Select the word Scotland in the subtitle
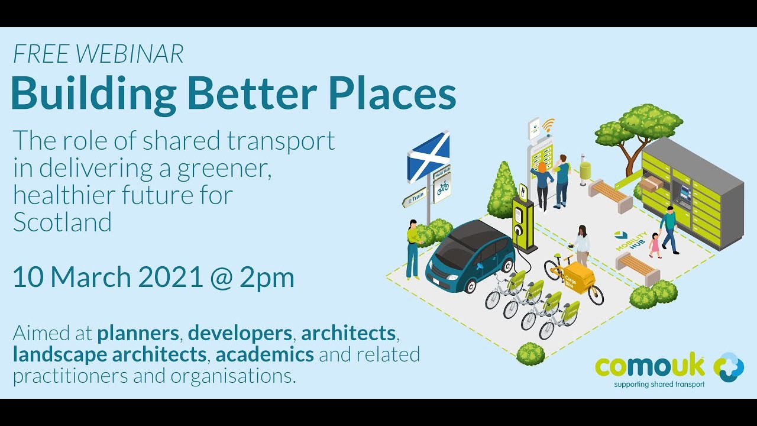click(x=62, y=222)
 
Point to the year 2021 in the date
click(x=171, y=277)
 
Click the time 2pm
click(x=267, y=277)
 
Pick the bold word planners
click(x=138, y=333)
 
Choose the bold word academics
click(x=264, y=354)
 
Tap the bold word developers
click(x=240, y=333)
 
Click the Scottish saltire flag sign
click(x=428, y=155)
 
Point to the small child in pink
click(x=654, y=245)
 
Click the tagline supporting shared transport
click(x=659, y=385)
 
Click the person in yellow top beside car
click(x=412, y=248)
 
